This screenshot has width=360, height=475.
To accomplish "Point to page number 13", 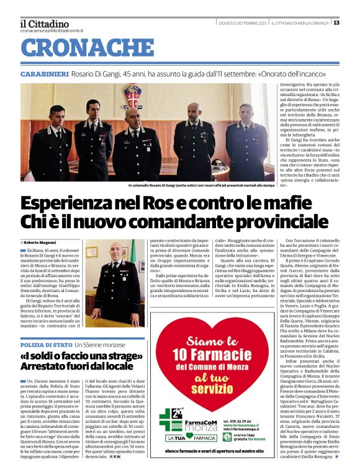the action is (336, 23).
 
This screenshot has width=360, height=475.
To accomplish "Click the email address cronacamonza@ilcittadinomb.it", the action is (52, 30).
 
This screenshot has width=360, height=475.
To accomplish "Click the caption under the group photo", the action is (201, 185).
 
